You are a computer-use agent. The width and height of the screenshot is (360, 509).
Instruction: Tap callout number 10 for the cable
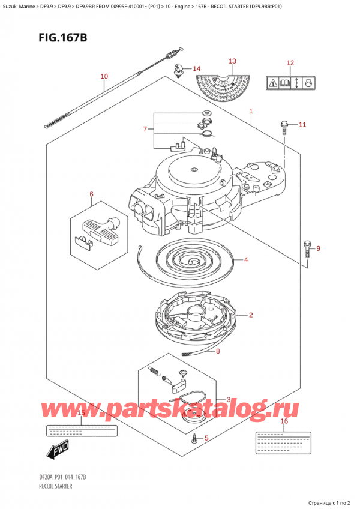[104, 76]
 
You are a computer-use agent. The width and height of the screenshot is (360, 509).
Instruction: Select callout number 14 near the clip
[197, 68]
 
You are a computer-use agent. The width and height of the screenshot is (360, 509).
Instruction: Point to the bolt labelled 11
[284, 126]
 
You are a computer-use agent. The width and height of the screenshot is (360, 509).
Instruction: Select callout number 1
[251, 111]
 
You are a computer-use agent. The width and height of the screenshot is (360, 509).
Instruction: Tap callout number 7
[144, 129]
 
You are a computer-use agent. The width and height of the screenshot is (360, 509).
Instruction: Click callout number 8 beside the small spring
[218, 351]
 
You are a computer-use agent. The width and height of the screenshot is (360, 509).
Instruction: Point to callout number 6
[92, 194]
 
